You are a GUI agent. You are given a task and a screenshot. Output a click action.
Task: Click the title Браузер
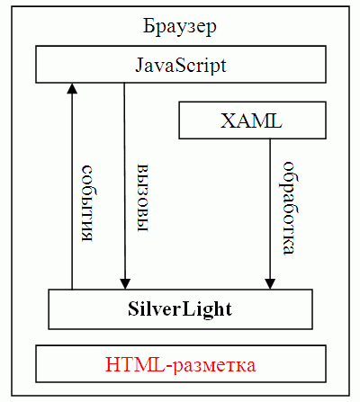click(x=179, y=27)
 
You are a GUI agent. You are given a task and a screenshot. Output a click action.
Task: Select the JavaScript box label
click(x=181, y=66)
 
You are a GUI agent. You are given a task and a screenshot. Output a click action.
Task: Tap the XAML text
click(x=251, y=121)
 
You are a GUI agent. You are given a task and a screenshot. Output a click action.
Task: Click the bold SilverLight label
click(x=180, y=308)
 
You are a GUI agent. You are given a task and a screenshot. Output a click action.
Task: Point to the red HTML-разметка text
click(x=181, y=364)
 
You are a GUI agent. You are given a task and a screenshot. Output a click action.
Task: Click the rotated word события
click(x=87, y=203)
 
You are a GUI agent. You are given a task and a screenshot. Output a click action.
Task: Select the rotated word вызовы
click(x=143, y=198)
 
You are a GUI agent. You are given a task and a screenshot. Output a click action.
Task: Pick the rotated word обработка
click(x=290, y=209)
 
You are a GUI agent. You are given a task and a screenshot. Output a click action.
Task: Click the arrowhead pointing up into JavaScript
click(x=72, y=88)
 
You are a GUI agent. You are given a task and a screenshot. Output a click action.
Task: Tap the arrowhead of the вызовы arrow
click(x=125, y=284)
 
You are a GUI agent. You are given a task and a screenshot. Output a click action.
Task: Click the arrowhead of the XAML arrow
click(x=270, y=284)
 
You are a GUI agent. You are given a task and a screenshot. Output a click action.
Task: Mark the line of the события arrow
click(x=72, y=186)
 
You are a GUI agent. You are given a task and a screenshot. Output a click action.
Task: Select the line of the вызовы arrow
click(x=125, y=186)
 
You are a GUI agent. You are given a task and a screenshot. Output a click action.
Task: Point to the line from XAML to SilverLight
click(x=270, y=214)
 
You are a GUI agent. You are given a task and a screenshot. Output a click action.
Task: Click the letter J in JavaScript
click(x=139, y=65)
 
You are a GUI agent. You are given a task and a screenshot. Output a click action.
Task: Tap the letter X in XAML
click(x=227, y=121)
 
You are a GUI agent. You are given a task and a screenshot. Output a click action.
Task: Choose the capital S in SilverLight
click(x=133, y=308)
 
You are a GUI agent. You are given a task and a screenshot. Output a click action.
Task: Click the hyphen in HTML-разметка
click(x=169, y=367)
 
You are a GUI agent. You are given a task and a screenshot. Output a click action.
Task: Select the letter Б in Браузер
click(x=148, y=26)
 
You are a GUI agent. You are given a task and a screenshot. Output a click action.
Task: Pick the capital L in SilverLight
click(x=188, y=308)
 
